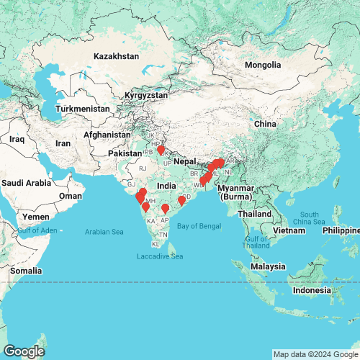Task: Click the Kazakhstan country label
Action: (x=116, y=55)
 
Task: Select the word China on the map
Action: (x=266, y=124)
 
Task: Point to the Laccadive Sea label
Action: (x=160, y=256)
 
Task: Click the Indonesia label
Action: (x=320, y=290)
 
